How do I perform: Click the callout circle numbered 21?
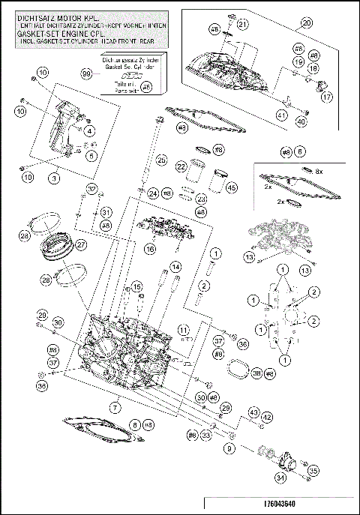(242, 24)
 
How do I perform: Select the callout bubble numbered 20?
(307, 22)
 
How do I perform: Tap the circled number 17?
(327, 97)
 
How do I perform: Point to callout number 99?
(86, 74)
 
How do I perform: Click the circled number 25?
(160, 159)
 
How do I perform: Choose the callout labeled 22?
(181, 166)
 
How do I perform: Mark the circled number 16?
(150, 248)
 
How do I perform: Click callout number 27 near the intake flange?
(81, 244)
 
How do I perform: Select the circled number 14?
(175, 266)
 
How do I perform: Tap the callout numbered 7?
(115, 408)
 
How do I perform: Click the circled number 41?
(282, 115)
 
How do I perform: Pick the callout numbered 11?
(182, 328)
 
